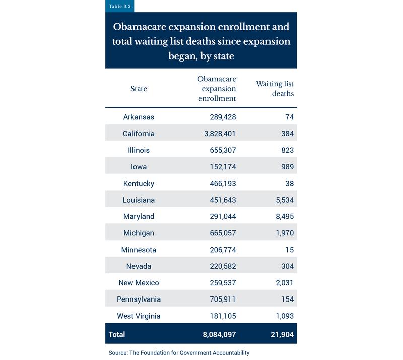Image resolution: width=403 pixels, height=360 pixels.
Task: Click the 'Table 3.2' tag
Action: [119, 7]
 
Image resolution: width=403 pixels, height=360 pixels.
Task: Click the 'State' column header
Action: [139, 89]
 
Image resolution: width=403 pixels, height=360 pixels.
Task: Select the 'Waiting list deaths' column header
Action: [275, 88]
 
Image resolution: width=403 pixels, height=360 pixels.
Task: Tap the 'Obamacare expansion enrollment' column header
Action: [217, 89]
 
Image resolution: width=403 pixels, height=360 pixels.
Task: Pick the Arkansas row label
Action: [139, 117]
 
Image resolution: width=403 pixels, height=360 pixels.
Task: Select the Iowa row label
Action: [139, 167]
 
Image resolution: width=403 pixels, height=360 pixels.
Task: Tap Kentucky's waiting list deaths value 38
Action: [289, 184]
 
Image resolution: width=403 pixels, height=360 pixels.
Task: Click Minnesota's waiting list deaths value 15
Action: [289, 250]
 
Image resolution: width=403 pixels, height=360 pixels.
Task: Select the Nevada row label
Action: [139, 266]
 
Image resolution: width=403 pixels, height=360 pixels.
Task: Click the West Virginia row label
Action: [139, 316]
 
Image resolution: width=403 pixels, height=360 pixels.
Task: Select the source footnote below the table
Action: [179, 353]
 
